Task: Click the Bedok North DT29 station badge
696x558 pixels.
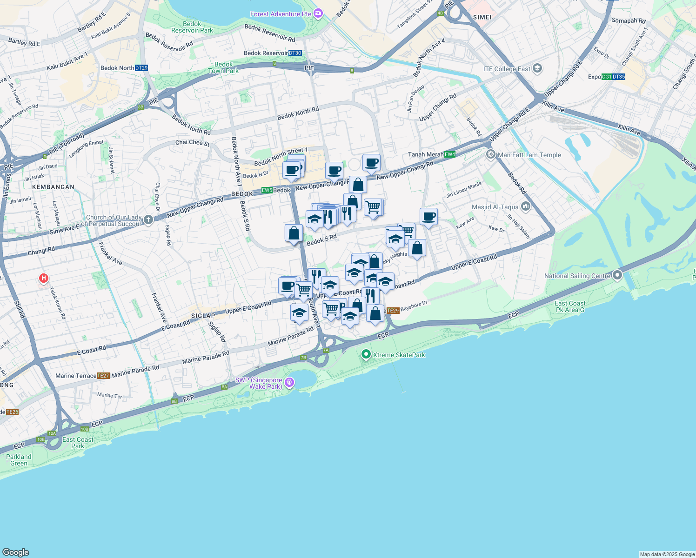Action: tap(141, 68)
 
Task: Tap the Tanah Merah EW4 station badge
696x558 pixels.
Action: tap(449, 154)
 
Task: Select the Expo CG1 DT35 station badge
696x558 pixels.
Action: tap(613, 77)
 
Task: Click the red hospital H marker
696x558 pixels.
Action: tap(44, 279)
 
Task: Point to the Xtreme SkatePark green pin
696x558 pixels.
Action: tap(366, 355)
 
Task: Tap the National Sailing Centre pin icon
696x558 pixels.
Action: tap(617, 275)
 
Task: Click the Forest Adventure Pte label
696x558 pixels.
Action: tap(281, 14)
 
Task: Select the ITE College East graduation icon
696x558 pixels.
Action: tap(537, 69)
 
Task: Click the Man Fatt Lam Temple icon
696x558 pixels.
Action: tap(491, 154)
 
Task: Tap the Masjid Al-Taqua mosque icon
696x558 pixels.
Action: tap(526, 206)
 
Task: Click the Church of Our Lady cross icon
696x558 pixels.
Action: tap(148, 220)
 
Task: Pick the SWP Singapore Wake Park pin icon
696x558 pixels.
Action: tap(289, 382)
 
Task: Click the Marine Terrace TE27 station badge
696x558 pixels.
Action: tap(103, 376)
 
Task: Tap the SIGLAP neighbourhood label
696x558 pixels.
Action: tap(203, 316)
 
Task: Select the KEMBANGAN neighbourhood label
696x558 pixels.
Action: tap(53, 187)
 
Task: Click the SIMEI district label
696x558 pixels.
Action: tap(482, 17)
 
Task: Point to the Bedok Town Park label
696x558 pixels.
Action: tap(223, 68)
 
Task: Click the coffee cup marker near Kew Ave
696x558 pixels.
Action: tap(428, 217)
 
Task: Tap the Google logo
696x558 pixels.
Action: tap(16, 552)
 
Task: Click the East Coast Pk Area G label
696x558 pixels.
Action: tap(570, 306)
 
